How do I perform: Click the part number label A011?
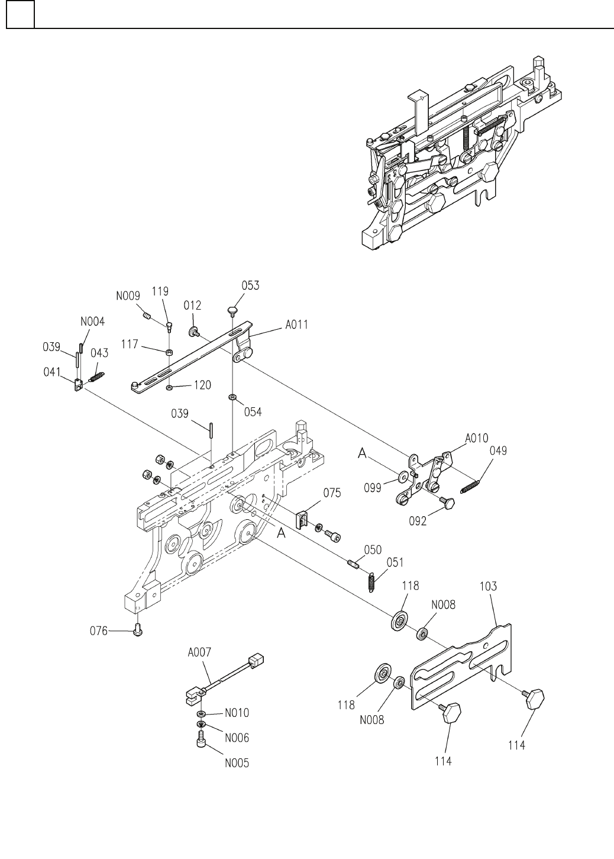[296, 324]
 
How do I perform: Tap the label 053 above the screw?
[250, 285]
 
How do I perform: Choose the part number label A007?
[199, 652]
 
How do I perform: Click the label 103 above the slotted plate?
[488, 597]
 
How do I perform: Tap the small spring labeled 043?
[96, 377]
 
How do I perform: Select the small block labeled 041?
[78, 385]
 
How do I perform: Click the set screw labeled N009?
[147, 316]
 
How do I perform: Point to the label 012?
[192, 305]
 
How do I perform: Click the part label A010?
[477, 438]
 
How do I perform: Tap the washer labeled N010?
[201, 713]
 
